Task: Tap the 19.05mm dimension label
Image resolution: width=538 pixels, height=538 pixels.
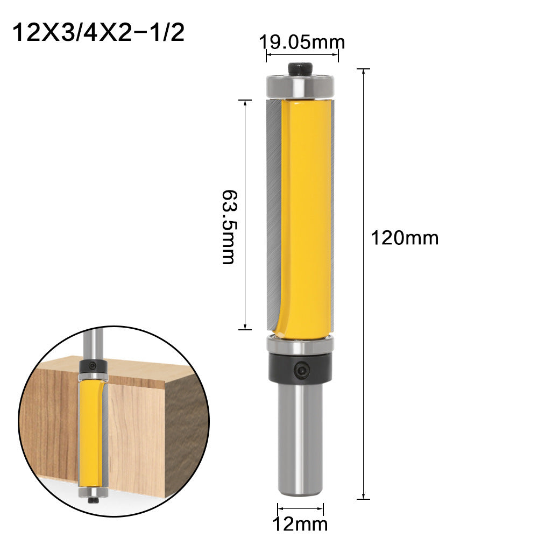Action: (x=302, y=41)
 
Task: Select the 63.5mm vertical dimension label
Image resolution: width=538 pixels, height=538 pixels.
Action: (x=228, y=226)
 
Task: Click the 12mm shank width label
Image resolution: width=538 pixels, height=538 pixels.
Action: (x=300, y=523)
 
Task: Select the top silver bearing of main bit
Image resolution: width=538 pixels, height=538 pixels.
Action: (x=300, y=87)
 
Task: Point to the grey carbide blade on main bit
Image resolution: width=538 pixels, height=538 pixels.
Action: (x=272, y=215)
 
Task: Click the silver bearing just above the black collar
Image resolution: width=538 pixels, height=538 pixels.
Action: (x=300, y=345)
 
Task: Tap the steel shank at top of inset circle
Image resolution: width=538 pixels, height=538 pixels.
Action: (x=94, y=342)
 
